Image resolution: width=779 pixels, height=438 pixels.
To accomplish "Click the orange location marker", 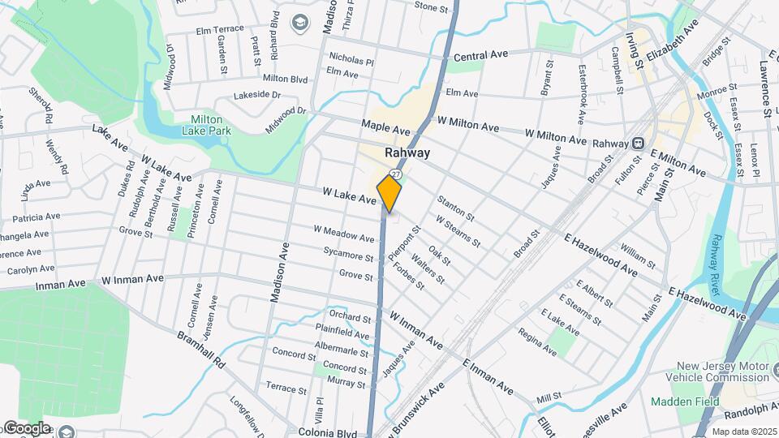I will tap(389, 194).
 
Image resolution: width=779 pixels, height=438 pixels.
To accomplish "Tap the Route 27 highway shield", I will tap(395, 174).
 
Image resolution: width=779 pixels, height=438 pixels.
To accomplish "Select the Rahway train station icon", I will tap(639, 144).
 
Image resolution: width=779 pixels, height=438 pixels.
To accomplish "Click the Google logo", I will tap(26, 428).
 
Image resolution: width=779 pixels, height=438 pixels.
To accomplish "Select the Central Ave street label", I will tap(480, 55).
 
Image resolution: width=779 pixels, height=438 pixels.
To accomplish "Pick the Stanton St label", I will tap(455, 207).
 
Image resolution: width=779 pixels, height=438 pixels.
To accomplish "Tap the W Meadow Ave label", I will tap(344, 234).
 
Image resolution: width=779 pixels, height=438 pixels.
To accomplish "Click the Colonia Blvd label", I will tap(327, 433).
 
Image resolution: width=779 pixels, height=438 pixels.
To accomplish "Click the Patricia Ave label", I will tap(37, 218).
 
